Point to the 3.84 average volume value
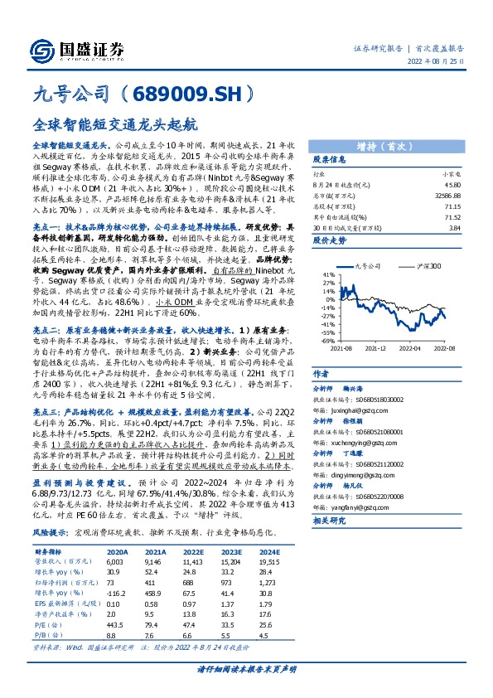coord(454,227)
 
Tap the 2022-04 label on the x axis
coord(412,349)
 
